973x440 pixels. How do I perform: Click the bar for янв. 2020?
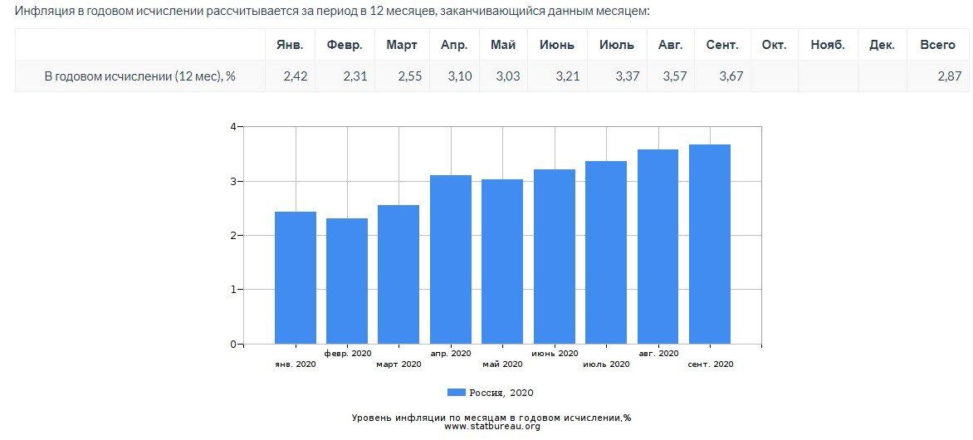[x=295, y=277]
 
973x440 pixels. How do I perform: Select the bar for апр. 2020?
[x=451, y=259]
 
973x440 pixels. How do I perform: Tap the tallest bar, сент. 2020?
[x=710, y=244]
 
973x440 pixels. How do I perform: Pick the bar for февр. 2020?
[x=347, y=281]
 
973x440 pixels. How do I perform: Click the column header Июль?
[x=616, y=45]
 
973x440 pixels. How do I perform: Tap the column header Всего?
[x=937, y=45]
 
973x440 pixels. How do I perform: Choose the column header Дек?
[x=882, y=45]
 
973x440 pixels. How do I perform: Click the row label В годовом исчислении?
[x=139, y=76]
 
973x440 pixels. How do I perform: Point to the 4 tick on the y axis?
[x=233, y=127]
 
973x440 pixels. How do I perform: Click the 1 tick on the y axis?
[x=233, y=290]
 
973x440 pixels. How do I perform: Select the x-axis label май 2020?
[x=502, y=364]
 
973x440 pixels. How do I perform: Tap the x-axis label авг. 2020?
[x=658, y=353]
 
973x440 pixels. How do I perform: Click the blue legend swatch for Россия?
[x=457, y=393]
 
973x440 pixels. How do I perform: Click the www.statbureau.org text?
[x=492, y=427]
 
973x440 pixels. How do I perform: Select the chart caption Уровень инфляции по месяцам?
[x=491, y=418]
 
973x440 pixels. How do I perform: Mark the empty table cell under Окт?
[x=774, y=76]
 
